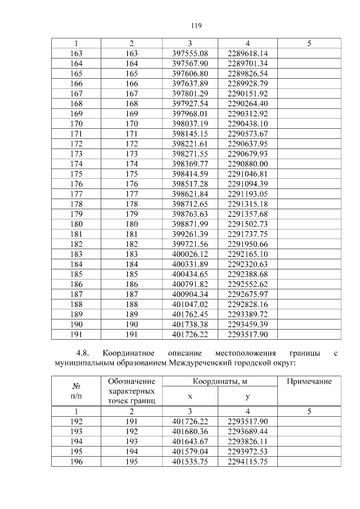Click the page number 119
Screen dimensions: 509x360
(196, 26)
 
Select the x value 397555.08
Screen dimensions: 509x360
(190, 53)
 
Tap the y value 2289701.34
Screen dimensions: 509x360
(248, 64)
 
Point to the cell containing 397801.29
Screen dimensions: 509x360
(190, 93)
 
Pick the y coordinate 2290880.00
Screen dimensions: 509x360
(248, 163)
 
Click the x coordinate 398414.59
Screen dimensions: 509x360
(190, 173)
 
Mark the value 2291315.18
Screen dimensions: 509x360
(248, 203)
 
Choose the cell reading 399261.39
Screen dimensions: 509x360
(190, 233)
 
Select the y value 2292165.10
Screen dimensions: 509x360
(248, 253)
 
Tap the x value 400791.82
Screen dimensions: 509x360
(190, 283)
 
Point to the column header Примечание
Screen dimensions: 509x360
(309, 382)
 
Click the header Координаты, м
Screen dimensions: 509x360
(220, 382)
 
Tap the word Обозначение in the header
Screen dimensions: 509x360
(131, 382)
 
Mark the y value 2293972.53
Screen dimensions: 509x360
(248, 452)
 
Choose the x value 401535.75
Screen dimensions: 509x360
(190, 462)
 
